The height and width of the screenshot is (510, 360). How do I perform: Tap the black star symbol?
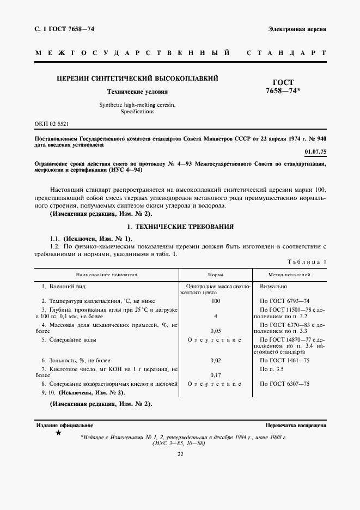[x=59, y=433]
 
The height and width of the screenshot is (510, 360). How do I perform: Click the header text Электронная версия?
[x=297, y=28]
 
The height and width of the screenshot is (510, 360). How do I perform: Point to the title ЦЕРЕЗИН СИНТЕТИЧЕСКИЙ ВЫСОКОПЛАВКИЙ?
[x=137, y=78]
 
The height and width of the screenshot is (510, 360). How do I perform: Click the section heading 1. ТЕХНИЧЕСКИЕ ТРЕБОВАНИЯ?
[x=180, y=226]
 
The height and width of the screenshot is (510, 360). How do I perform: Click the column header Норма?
[x=216, y=275]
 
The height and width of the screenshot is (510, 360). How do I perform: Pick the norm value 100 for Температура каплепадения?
[x=216, y=301]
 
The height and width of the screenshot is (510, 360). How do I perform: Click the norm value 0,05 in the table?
[x=216, y=330]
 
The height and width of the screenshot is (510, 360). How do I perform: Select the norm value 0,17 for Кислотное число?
[x=216, y=375]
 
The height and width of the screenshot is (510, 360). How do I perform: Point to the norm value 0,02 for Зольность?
[x=216, y=360]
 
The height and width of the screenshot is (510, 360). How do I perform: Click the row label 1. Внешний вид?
[x=64, y=286]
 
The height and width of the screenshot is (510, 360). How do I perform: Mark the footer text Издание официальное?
[x=64, y=425]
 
